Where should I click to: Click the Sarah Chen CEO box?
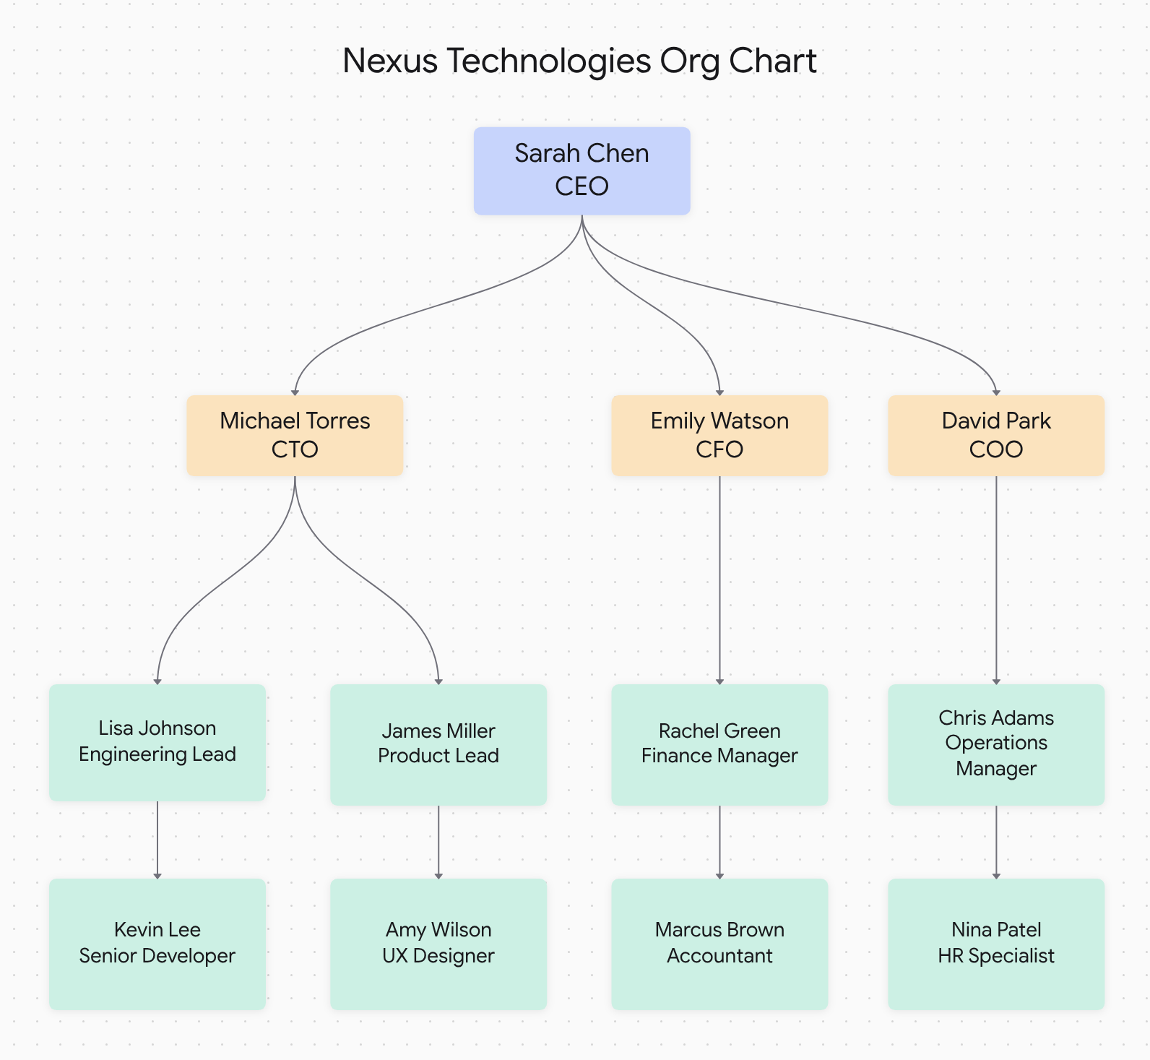tap(582, 171)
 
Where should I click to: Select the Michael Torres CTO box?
tap(295, 435)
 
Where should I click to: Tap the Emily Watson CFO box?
tap(719, 435)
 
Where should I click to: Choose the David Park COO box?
tap(996, 435)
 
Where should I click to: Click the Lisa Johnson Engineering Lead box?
tap(157, 742)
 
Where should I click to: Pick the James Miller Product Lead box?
tap(438, 744)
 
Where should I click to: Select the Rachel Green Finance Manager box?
tap(719, 744)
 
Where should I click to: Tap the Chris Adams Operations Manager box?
tap(996, 744)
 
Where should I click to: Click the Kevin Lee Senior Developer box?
tap(157, 943)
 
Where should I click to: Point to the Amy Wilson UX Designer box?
tap(438, 943)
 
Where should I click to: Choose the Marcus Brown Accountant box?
tap(719, 943)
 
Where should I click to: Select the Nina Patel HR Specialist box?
tap(996, 943)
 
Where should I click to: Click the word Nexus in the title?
tap(389, 61)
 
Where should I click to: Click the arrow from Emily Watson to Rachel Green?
tap(719, 578)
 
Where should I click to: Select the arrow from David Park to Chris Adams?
tap(996, 578)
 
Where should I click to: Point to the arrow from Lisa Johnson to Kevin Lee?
tap(157, 840)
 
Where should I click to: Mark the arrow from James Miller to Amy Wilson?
tap(438, 842)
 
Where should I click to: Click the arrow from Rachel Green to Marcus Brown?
tap(719, 842)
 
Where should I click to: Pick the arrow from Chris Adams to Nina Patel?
tap(996, 842)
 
